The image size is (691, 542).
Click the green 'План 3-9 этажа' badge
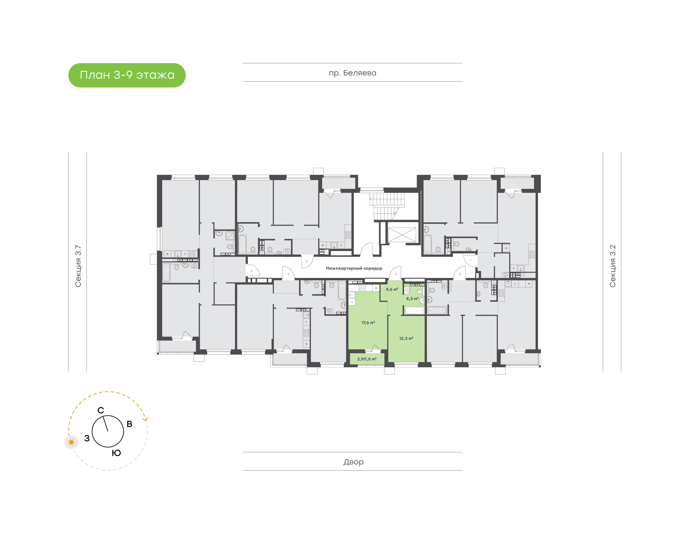127,75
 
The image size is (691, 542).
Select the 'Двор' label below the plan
353,462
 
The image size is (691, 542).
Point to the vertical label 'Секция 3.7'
78,266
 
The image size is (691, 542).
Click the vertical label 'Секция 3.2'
612,266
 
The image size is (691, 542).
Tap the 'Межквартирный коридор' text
354,268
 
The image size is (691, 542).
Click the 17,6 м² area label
368,323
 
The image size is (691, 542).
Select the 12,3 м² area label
406,338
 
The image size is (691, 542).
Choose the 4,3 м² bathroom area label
412,299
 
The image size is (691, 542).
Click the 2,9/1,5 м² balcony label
367,359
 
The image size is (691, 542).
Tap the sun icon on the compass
71,442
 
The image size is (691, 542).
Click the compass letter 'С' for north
101,410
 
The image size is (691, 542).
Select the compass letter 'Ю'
116,453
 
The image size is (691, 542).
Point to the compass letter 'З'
87,438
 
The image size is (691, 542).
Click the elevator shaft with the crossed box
402,235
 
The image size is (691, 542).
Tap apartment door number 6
307,261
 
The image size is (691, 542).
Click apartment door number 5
252,271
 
